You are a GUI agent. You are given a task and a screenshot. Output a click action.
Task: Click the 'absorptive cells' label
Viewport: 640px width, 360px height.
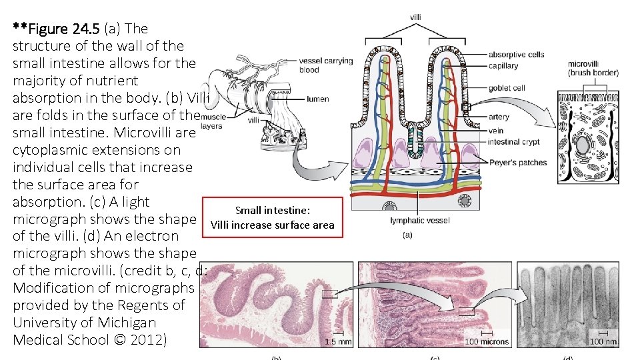click(x=516, y=55)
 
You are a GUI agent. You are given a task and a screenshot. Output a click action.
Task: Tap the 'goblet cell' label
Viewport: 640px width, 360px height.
click(x=507, y=87)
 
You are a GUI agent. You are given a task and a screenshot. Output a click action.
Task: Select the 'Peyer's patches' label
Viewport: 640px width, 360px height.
click(x=518, y=163)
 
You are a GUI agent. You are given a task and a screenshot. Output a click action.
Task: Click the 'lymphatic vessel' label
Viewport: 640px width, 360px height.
click(x=420, y=221)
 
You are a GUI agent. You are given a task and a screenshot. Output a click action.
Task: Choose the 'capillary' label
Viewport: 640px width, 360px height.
click(x=503, y=66)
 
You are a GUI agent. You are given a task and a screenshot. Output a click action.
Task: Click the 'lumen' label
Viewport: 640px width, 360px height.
click(x=318, y=99)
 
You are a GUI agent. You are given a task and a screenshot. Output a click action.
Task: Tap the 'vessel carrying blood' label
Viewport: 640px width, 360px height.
click(x=326, y=65)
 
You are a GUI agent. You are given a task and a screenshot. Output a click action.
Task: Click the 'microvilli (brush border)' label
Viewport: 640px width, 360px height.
click(x=592, y=68)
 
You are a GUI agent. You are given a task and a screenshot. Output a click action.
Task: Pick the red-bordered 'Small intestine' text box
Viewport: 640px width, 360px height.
click(x=272, y=218)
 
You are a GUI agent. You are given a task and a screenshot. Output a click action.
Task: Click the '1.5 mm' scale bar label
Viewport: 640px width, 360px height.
click(x=338, y=341)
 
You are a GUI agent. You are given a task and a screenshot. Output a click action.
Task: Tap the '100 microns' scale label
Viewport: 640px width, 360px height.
click(x=487, y=341)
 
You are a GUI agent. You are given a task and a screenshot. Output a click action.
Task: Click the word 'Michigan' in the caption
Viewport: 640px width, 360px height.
click(x=127, y=323)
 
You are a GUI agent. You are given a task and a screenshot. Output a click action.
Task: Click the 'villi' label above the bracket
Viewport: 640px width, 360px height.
click(x=415, y=17)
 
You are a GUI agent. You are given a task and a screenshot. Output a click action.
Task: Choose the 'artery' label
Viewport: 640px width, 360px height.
click(x=499, y=117)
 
